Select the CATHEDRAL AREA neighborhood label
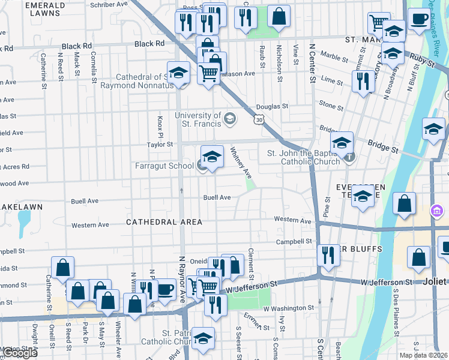(x=164, y=222)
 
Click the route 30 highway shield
(x=258, y=120)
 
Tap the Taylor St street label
(x=160, y=144)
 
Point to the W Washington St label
(x=285, y=308)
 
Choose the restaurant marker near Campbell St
(x=328, y=255)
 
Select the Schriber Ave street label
(x=108, y=4)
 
